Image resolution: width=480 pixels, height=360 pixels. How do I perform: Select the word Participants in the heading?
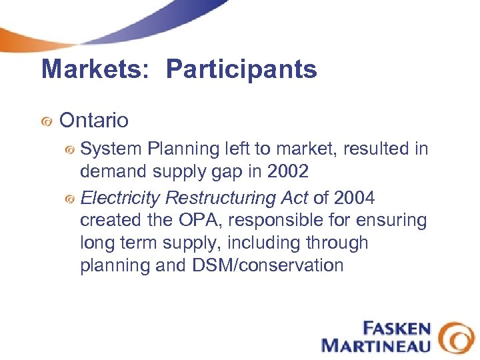(x=241, y=69)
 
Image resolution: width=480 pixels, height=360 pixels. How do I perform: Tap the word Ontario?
(x=94, y=121)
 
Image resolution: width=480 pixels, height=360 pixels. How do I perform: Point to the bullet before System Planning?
(x=69, y=149)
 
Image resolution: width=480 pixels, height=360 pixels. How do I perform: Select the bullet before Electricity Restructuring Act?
(x=69, y=199)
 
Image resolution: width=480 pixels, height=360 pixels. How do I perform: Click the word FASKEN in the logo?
(x=397, y=329)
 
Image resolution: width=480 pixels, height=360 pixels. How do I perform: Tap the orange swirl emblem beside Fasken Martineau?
(x=456, y=337)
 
